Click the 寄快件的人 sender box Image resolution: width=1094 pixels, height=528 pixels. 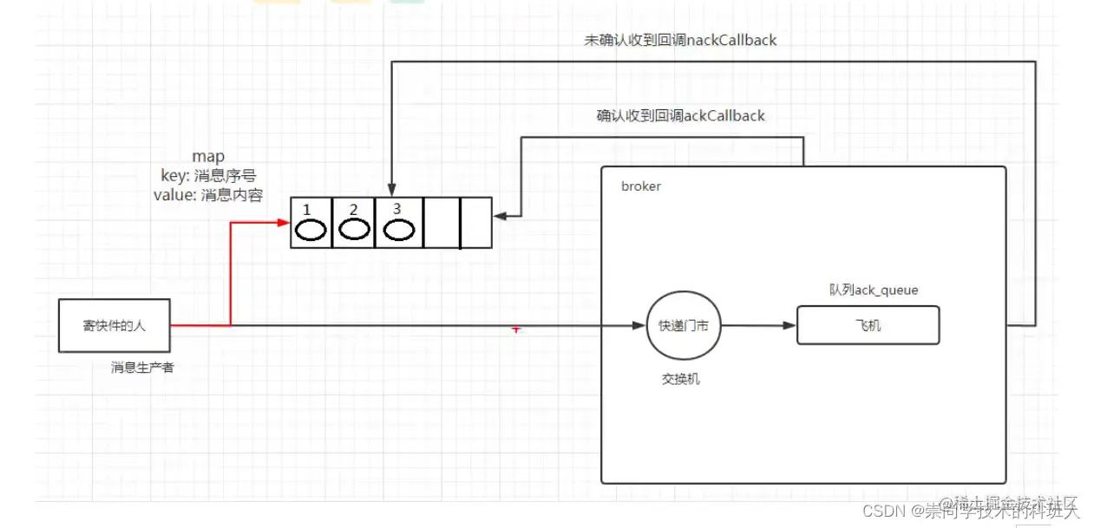pos(114,326)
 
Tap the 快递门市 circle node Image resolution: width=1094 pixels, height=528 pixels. pos(684,326)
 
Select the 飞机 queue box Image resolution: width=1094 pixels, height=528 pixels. pos(868,327)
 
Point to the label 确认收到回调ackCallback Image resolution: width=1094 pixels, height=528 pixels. pos(681,115)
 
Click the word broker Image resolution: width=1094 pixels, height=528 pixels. pos(641,186)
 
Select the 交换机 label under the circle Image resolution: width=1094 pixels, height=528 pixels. pos(680,379)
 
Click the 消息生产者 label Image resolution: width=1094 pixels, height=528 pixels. pos(142,368)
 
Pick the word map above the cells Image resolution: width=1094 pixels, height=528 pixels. pos(208,157)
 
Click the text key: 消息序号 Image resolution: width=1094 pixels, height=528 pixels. pos(208,176)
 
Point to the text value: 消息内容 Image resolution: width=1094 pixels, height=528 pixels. pos(208,195)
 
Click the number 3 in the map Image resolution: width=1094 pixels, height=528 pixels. pos(396,209)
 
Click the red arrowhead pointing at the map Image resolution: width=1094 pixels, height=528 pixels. pos(283,223)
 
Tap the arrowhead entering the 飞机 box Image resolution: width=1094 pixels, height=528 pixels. pos(789,326)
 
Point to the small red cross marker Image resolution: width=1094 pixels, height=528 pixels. pos(516,329)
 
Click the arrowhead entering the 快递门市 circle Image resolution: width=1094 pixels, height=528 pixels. pos(639,326)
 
